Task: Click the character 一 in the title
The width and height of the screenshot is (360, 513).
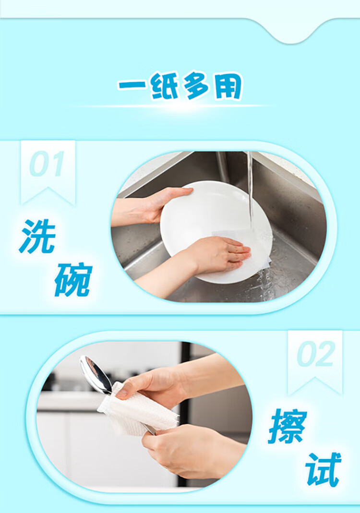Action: pyautogui.click(x=132, y=85)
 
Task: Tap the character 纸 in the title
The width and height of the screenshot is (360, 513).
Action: pyautogui.click(x=164, y=85)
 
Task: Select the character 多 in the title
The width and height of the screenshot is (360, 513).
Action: pyautogui.click(x=196, y=85)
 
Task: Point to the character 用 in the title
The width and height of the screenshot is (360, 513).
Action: pyautogui.click(x=228, y=86)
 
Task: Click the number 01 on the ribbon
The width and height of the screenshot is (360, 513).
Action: pyautogui.click(x=47, y=164)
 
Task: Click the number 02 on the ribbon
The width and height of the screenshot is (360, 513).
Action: pyautogui.click(x=316, y=354)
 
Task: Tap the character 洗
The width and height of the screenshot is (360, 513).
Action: pyautogui.click(x=37, y=236)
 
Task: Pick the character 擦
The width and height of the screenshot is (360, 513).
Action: pyautogui.click(x=288, y=426)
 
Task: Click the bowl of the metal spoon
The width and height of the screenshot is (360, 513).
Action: pyautogui.click(x=95, y=374)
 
